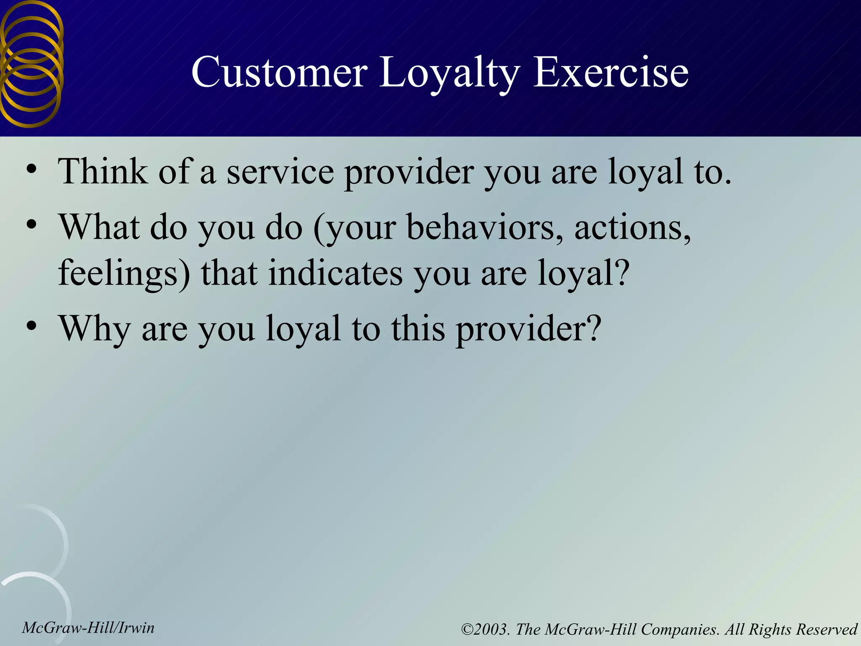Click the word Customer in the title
click(279, 72)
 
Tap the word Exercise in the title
click(610, 72)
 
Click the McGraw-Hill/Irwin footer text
click(88, 628)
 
